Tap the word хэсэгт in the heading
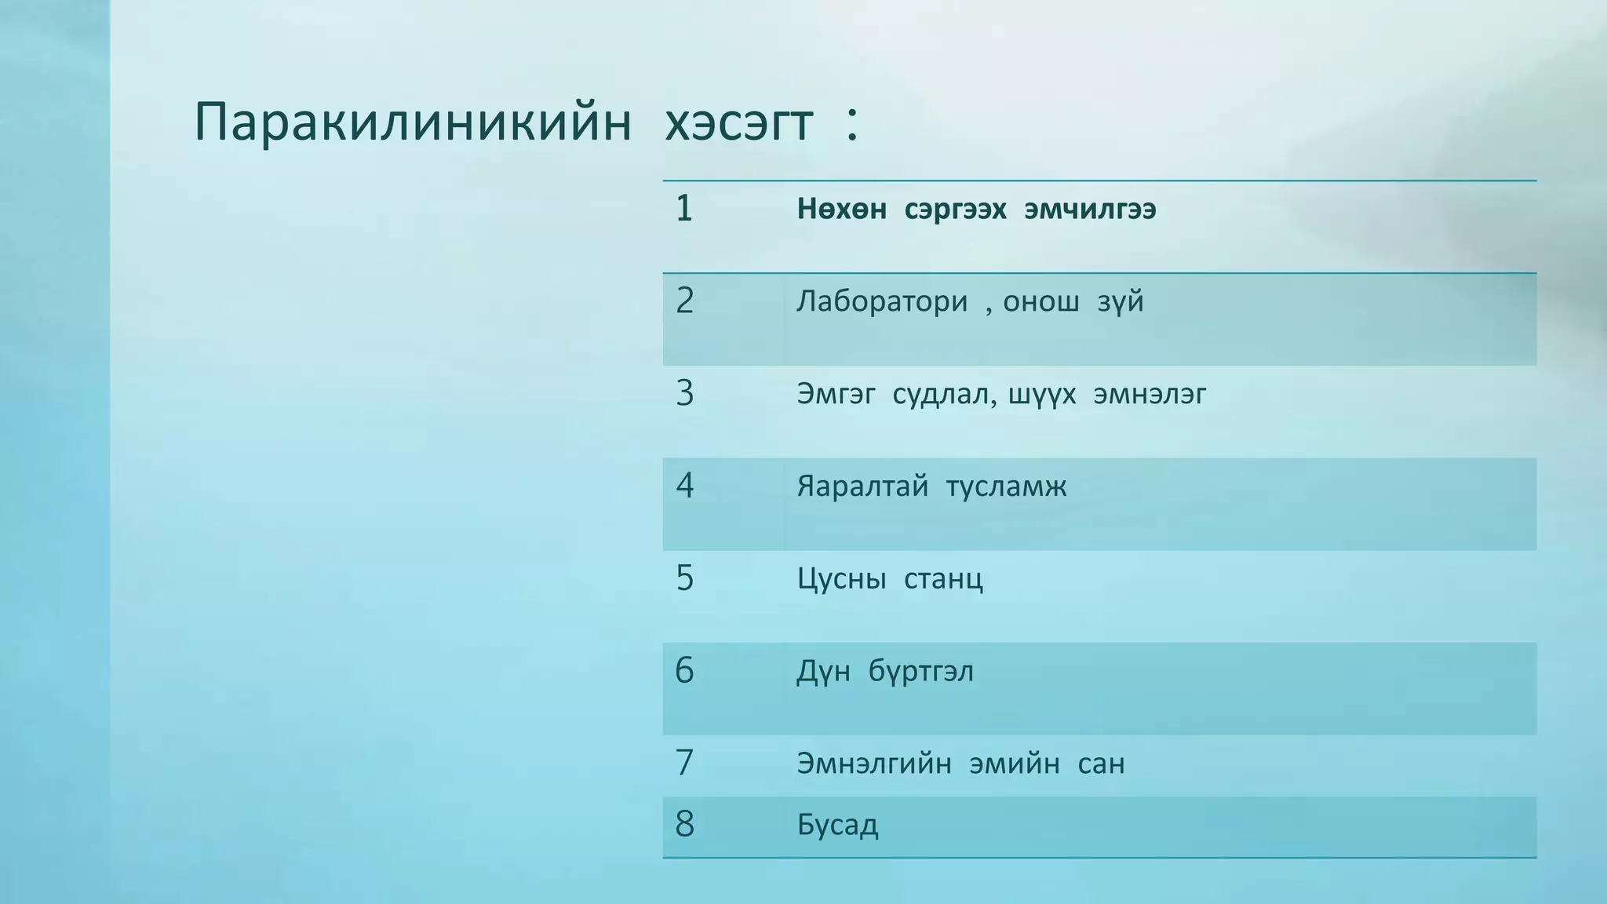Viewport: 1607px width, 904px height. click(x=738, y=123)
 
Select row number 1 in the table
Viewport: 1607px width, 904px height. click(x=684, y=209)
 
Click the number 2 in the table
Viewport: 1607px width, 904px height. click(x=684, y=301)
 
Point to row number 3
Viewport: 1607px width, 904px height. click(x=684, y=393)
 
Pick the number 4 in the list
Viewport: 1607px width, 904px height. click(x=684, y=486)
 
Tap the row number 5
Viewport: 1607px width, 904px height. click(x=684, y=578)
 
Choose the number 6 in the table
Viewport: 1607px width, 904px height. click(x=684, y=671)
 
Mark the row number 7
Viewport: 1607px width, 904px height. click(x=684, y=763)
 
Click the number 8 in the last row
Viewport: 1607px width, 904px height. click(x=684, y=824)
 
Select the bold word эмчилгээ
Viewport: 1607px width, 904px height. click(x=1090, y=210)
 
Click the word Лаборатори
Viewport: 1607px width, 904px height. click(x=882, y=301)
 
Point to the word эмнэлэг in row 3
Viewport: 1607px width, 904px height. click(x=1150, y=394)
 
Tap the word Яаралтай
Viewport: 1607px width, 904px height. click(x=862, y=487)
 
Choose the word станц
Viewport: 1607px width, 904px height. click(x=943, y=579)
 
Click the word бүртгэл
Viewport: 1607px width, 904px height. click(x=920, y=672)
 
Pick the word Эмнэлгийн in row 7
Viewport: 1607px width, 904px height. click(x=874, y=764)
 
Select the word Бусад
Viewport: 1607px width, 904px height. click(x=837, y=825)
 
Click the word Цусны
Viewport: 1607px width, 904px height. click(x=841, y=579)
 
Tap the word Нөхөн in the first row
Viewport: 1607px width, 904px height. click(x=842, y=210)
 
